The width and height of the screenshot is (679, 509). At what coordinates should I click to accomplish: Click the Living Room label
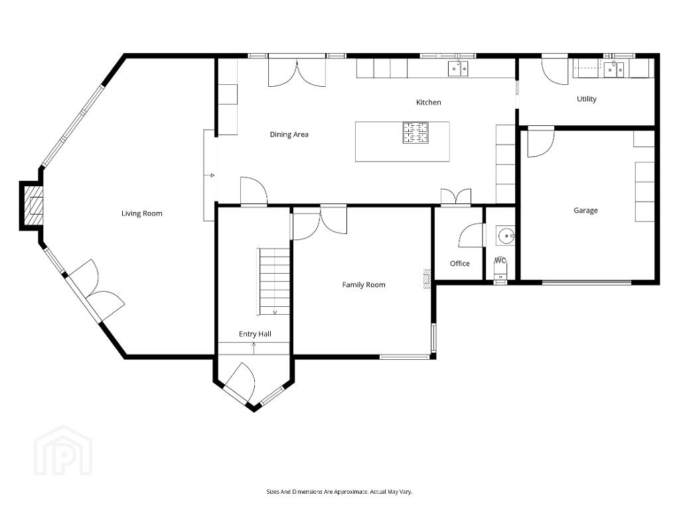141,213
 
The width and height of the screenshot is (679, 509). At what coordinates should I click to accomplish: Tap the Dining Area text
289,135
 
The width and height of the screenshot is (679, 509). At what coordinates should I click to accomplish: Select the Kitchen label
428,103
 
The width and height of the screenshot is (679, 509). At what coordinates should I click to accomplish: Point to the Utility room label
586,99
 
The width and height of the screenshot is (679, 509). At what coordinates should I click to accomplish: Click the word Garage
585,211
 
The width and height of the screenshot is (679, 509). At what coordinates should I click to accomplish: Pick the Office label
459,263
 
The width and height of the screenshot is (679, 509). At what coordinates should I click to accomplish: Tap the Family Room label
363,285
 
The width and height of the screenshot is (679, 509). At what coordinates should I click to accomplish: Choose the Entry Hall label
255,334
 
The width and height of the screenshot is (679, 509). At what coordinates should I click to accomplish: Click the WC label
500,260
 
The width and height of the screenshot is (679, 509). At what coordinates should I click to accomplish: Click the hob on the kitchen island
415,133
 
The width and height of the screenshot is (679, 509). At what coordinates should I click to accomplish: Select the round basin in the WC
505,236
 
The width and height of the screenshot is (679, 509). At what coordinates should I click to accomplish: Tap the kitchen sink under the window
458,69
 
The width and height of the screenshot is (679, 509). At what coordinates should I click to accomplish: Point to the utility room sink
615,69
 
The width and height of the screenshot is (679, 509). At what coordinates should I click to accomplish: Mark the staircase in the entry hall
274,281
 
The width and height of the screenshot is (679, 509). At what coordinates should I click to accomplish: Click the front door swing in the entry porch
243,380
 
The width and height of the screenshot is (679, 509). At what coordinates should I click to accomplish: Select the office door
471,235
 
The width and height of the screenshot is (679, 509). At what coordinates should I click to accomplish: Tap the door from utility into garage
540,142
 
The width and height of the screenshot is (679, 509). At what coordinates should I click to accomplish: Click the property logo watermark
63,451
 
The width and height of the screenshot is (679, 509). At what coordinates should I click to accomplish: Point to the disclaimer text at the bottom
339,492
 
